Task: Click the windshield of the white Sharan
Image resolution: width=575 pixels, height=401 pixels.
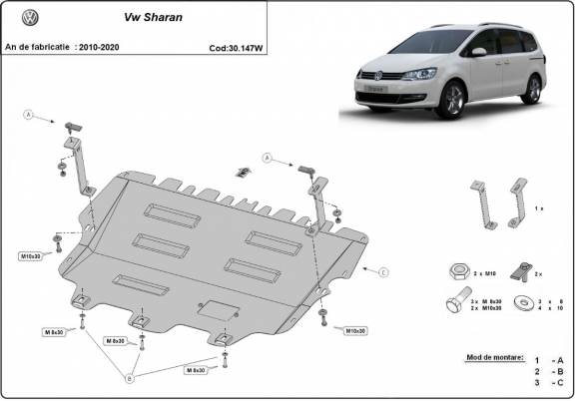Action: click(431, 43)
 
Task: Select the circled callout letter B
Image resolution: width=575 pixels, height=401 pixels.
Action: click(129, 378)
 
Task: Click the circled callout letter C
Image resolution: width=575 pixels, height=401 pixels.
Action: click(384, 270)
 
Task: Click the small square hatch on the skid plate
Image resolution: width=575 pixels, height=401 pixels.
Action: click(213, 309)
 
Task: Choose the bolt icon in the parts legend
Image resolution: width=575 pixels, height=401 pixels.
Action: click(452, 303)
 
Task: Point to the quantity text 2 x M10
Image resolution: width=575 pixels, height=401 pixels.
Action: click(485, 272)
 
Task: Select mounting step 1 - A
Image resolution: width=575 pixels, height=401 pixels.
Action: click(549, 360)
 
